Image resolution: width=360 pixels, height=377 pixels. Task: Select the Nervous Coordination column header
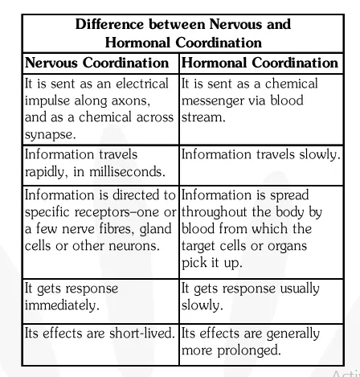[x=97, y=63]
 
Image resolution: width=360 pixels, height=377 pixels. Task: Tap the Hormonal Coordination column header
[x=260, y=63]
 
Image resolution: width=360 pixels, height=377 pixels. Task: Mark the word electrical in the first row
[x=141, y=84]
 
